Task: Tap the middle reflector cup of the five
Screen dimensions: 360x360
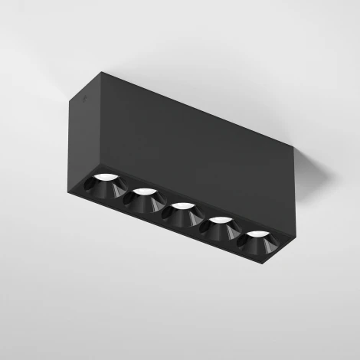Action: (181, 212)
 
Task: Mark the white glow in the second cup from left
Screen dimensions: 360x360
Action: (145, 191)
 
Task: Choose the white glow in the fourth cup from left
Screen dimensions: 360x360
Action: (221, 219)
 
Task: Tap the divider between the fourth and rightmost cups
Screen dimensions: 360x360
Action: (238, 234)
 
